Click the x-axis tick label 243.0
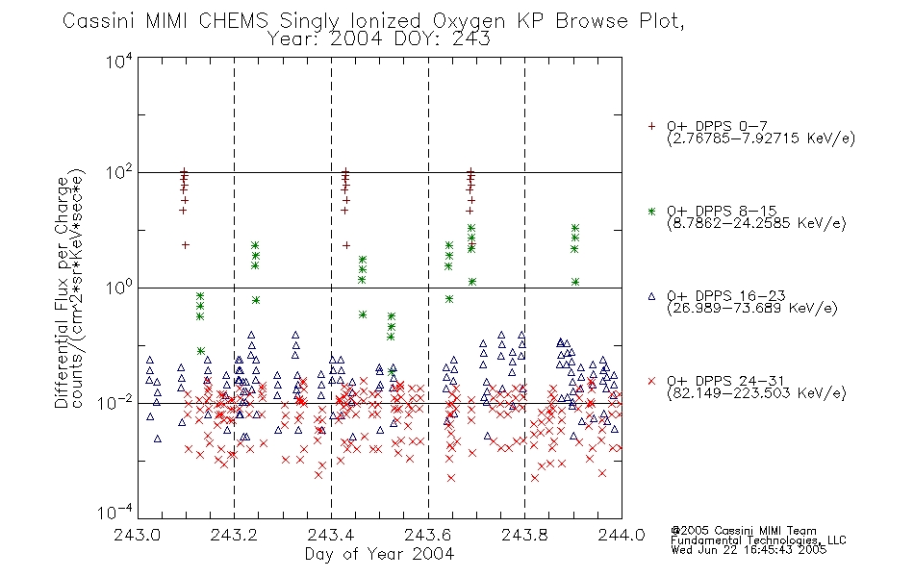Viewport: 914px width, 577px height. click(x=138, y=535)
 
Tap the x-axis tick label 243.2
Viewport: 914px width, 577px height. click(x=235, y=535)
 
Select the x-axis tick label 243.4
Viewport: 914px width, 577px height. click(x=331, y=535)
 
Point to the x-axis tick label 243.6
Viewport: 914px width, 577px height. click(x=428, y=535)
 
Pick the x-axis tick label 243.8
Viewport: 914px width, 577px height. click(x=524, y=535)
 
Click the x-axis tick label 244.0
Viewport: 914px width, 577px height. click(x=622, y=535)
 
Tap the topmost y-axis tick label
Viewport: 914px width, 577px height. click(x=119, y=62)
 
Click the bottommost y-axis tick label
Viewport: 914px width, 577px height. click(x=114, y=513)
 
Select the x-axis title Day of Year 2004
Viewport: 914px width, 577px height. click(x=379, y=554)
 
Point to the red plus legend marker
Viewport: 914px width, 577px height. click(x=651, y=126)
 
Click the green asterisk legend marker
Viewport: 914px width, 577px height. click(x=651, y=212)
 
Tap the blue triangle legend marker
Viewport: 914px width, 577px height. click(x=651, y=296)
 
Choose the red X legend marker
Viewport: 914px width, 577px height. click(x=651, y=381)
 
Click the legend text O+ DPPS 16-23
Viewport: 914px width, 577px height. click(x=726, y=296)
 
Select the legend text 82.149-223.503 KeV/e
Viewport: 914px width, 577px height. click(x=756, y=393)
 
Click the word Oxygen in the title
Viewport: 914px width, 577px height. click(x=469, y=21)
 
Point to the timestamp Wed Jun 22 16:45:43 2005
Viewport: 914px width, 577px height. click(x=749, y=550)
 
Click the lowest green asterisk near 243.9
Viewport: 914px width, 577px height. click(x=575, y=282)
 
